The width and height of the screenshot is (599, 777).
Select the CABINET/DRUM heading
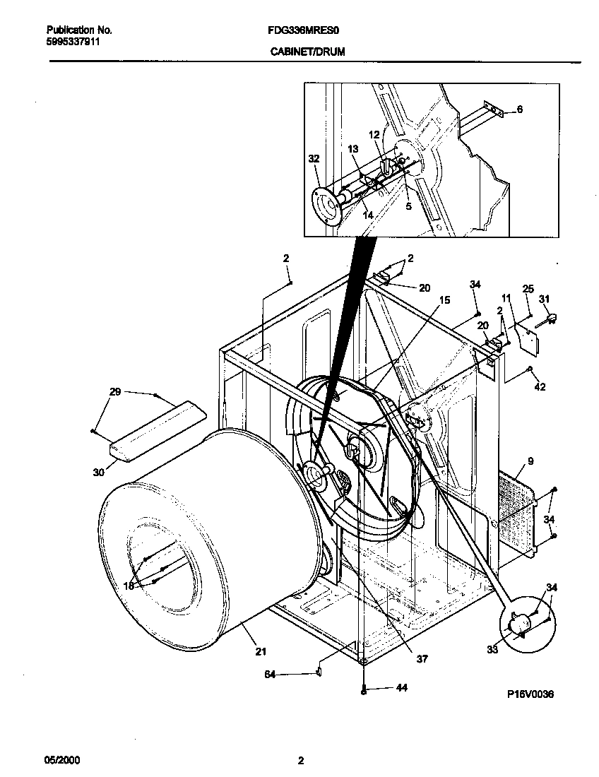[x=307, y=52]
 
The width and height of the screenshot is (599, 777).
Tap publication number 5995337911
[x=73, y=42]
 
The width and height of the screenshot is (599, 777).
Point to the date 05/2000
[x=63, y=761]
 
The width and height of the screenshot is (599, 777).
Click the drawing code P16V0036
[x=530, y=694]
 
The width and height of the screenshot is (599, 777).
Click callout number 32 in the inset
[x=314, y=159]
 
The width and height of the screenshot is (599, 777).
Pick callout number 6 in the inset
[x=520, y=109]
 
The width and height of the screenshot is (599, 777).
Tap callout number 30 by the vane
[x=98, y=471]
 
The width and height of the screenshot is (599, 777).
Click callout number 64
[x=269, y=675]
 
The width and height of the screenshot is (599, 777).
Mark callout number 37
[x=422, y=659]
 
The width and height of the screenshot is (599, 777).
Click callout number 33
[x=492, y=648]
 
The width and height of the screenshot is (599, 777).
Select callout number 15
[x=444, y=300]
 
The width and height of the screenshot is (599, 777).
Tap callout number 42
[x=540, y=386]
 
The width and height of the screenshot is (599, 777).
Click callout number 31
[x=544, y=299]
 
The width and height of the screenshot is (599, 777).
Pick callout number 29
[x=116, y=391]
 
